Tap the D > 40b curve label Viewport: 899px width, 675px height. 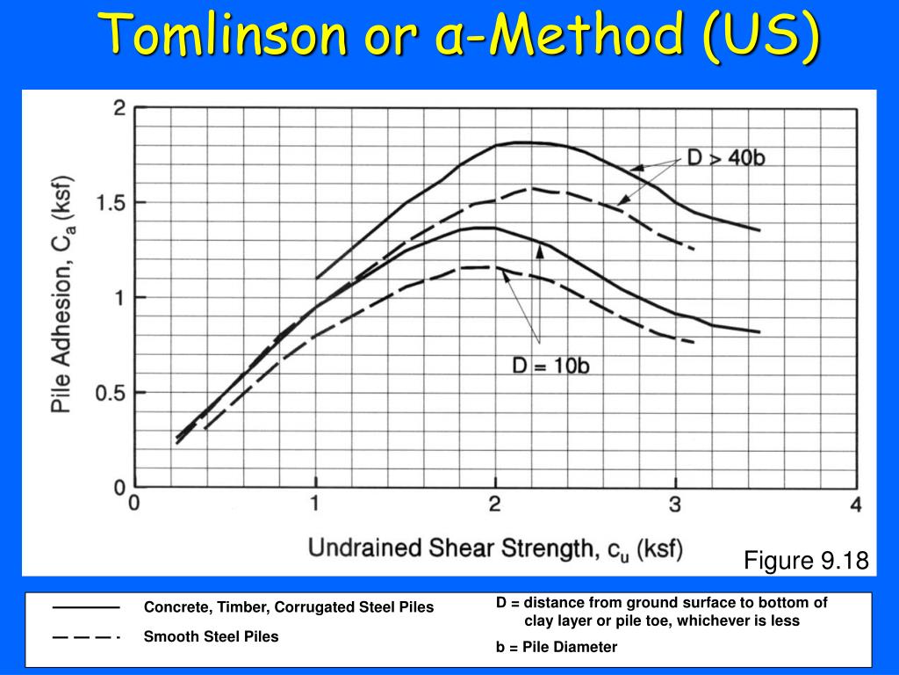tap(726, 157)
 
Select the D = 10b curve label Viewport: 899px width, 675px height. tap(550, 365)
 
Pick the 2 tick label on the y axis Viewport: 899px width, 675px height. tap(119, 108)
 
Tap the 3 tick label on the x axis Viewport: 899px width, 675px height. tap(675, 504)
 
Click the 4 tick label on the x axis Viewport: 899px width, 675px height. tap(856, 504)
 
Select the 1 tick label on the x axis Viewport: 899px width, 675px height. tap(315, 504)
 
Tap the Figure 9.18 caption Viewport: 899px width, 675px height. tap(806, 560)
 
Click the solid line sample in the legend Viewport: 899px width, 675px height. tap(86, 607)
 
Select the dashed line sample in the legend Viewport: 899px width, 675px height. tap(86, 637)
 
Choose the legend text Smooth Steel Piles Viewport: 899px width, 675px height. tap(211, 636)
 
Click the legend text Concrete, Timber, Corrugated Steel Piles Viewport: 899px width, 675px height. tap(289, 607)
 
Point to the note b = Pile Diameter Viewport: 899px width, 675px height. tap(557, 647)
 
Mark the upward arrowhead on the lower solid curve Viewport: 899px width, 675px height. tap(540, 251)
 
